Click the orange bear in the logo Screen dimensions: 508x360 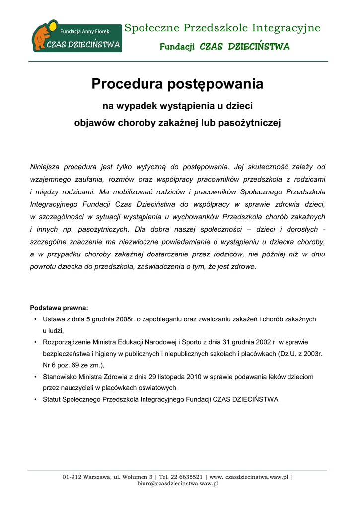click(42, 37)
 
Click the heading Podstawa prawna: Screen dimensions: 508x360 click(59, 308)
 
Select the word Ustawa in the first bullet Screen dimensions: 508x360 click(54, 319)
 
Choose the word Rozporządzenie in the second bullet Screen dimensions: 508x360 click(67, 342)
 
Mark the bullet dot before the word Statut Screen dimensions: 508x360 click(35, 399)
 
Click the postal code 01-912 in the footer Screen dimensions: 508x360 click(72, 477)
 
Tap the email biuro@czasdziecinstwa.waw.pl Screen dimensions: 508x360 click(178, 483)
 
